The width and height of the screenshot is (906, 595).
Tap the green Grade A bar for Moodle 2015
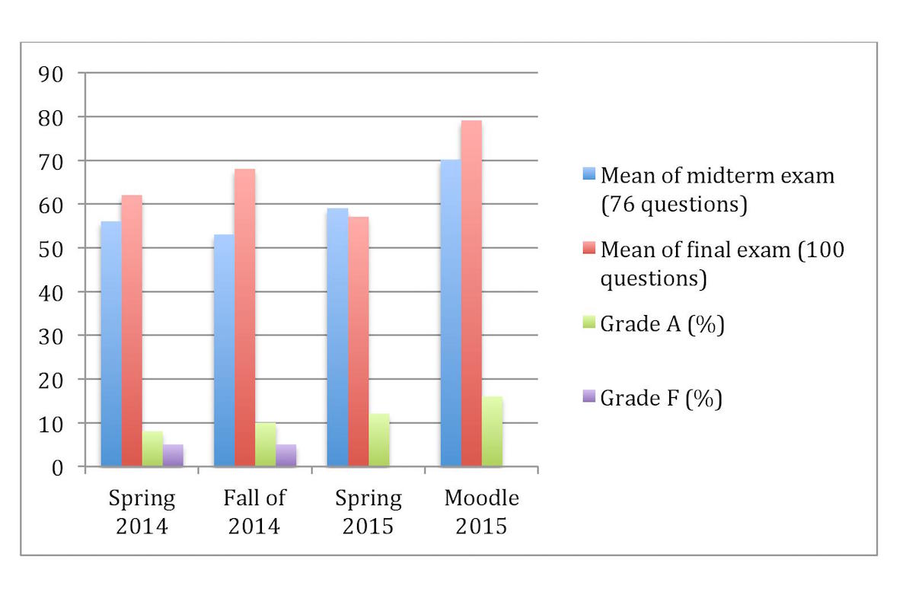(x=492, y=431)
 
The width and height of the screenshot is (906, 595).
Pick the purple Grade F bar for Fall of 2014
(x=286, y=455)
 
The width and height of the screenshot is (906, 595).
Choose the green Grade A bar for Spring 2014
(x=152, y=449)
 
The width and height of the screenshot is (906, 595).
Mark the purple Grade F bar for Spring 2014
(x=173, y=455)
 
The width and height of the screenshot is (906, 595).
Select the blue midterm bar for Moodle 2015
(x=451, y=313)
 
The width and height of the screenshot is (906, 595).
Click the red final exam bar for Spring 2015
(x=358, y=342)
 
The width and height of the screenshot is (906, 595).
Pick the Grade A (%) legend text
(x=662, y=324)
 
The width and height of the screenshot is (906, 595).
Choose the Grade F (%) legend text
(x=661, y=398)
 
